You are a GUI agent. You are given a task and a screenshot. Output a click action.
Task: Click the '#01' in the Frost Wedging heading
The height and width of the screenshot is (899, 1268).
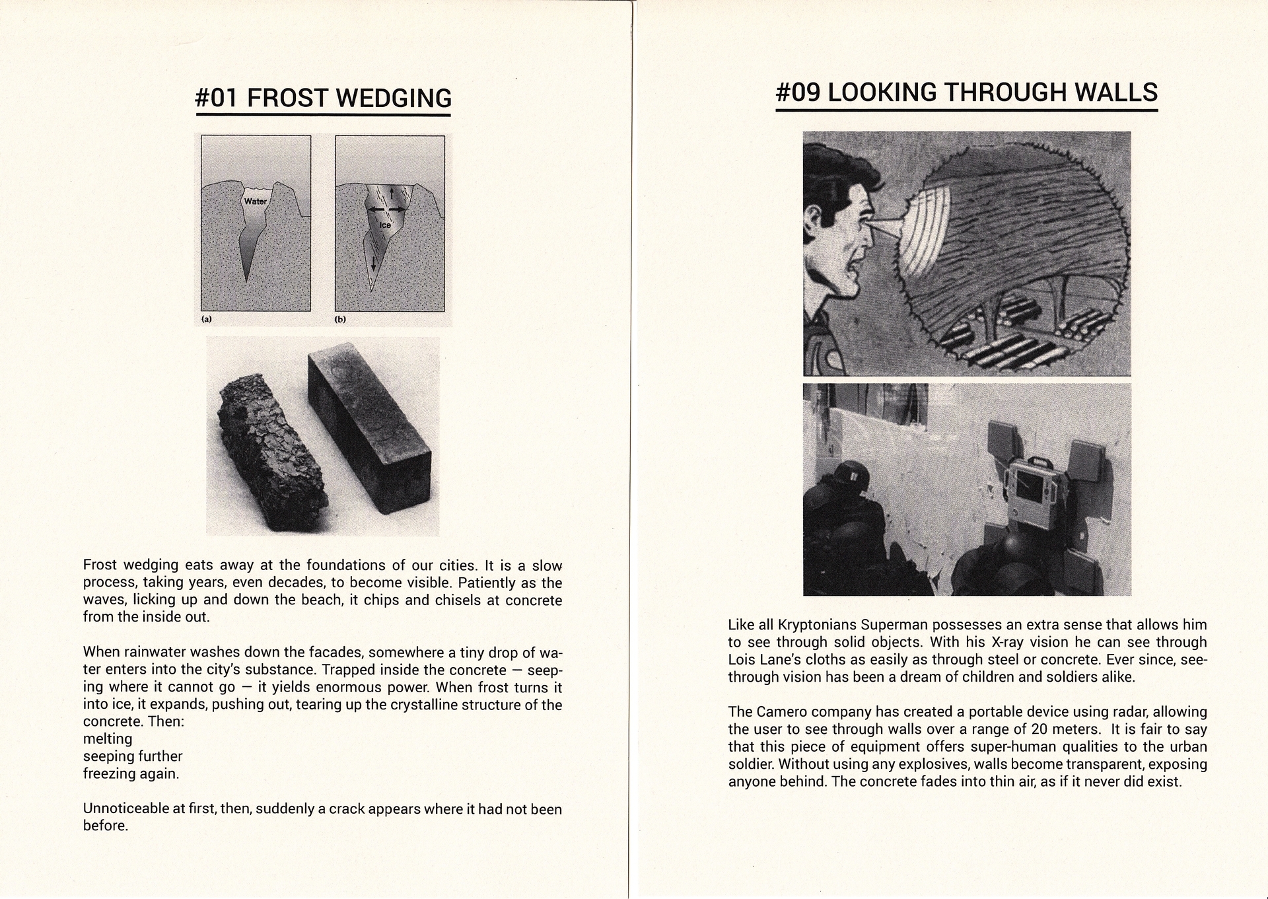217,98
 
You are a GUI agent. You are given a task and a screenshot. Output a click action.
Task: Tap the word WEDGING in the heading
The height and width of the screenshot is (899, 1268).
394,98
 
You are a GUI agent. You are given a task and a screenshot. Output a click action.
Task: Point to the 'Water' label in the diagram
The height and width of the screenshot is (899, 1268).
256,201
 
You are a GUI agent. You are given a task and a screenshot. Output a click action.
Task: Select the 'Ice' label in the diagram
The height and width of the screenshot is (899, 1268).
384,225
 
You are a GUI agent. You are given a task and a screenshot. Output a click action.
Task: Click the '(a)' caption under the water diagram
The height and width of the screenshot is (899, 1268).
207,319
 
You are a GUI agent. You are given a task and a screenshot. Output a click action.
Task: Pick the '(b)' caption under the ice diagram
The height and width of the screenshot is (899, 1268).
341,319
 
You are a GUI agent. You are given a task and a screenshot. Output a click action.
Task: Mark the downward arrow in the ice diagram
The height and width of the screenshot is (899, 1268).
373,262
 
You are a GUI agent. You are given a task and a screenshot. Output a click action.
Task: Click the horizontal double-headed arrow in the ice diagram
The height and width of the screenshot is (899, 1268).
386,209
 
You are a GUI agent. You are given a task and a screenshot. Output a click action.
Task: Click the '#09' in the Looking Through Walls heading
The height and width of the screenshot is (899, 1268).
798,92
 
